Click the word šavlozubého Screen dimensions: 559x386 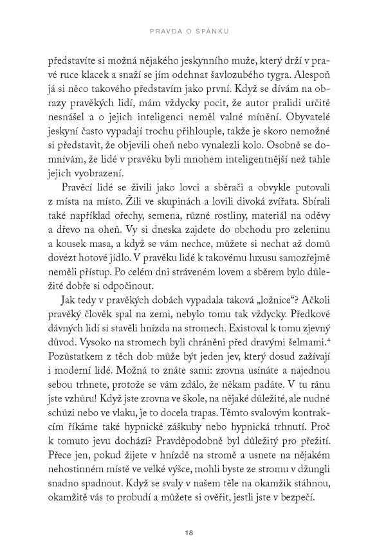click(x=267, y=76)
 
